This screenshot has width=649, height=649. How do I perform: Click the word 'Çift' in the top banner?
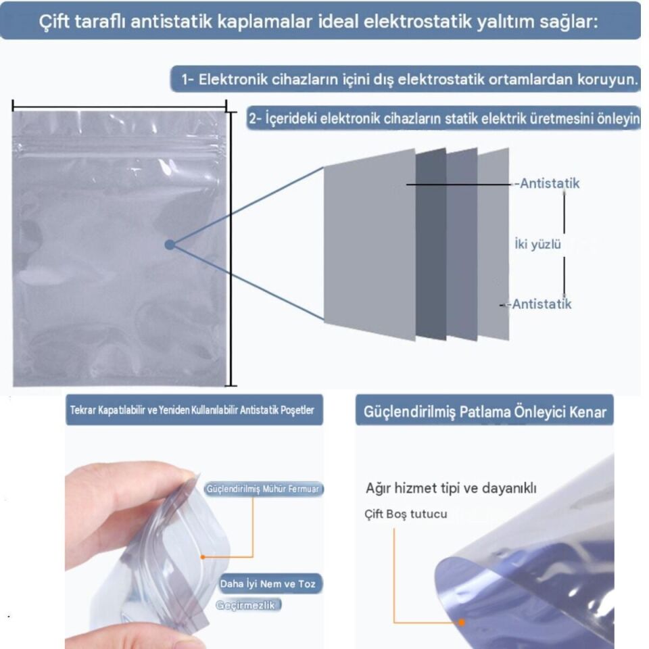pos(55,21)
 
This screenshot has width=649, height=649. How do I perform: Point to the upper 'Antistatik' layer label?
pos(549,183)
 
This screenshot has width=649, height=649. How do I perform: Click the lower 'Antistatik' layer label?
pos(542,304)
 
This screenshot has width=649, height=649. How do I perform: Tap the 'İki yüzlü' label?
pos(537,244)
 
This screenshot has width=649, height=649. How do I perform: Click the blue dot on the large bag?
pos(170,245)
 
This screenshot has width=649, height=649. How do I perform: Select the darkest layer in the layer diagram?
pos(431,244)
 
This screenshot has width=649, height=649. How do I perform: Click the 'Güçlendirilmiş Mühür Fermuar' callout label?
pos(263,489)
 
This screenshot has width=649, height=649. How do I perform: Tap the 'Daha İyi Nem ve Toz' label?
pos(268,583)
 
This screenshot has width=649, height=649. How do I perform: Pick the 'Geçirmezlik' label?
pos(245,605)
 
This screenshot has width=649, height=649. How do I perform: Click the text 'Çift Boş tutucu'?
pos(406,514)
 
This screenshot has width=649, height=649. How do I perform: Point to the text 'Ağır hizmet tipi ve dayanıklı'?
pos(451,488)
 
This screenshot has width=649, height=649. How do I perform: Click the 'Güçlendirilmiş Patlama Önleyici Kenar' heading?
pos(484,412)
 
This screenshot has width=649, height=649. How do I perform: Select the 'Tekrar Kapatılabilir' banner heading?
pos(192,410)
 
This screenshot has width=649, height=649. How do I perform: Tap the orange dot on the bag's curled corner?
pos(462,622)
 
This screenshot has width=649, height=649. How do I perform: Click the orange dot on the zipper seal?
pos(203,557)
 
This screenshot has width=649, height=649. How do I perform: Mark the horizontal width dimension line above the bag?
pos(120,106)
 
